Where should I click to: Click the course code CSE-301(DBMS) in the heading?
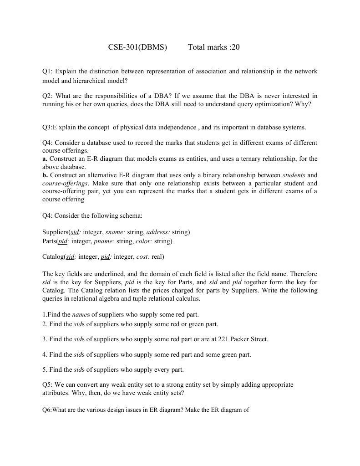[x=137, y=47]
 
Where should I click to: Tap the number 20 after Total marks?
[x=235, y=47]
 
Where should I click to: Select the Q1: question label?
[x=48, y=72]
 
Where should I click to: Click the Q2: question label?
[x=48, y=96]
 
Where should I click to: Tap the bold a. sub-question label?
[x=45, y=159]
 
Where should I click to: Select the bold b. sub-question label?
[x=45, y=175]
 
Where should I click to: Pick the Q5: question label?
[x=48, y=385]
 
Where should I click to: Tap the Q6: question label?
[x=47, y=410]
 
